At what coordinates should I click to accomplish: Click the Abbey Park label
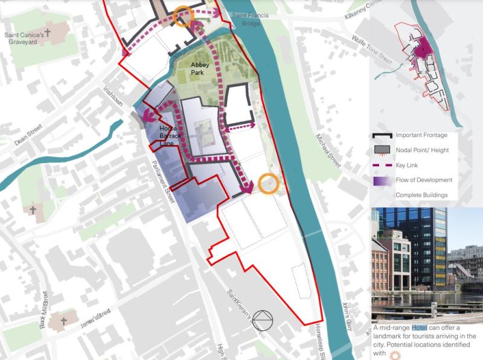click(202, 68)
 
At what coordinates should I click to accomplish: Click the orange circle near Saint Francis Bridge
click(183, 17)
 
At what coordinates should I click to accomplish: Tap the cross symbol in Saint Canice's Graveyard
click(47, 29)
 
